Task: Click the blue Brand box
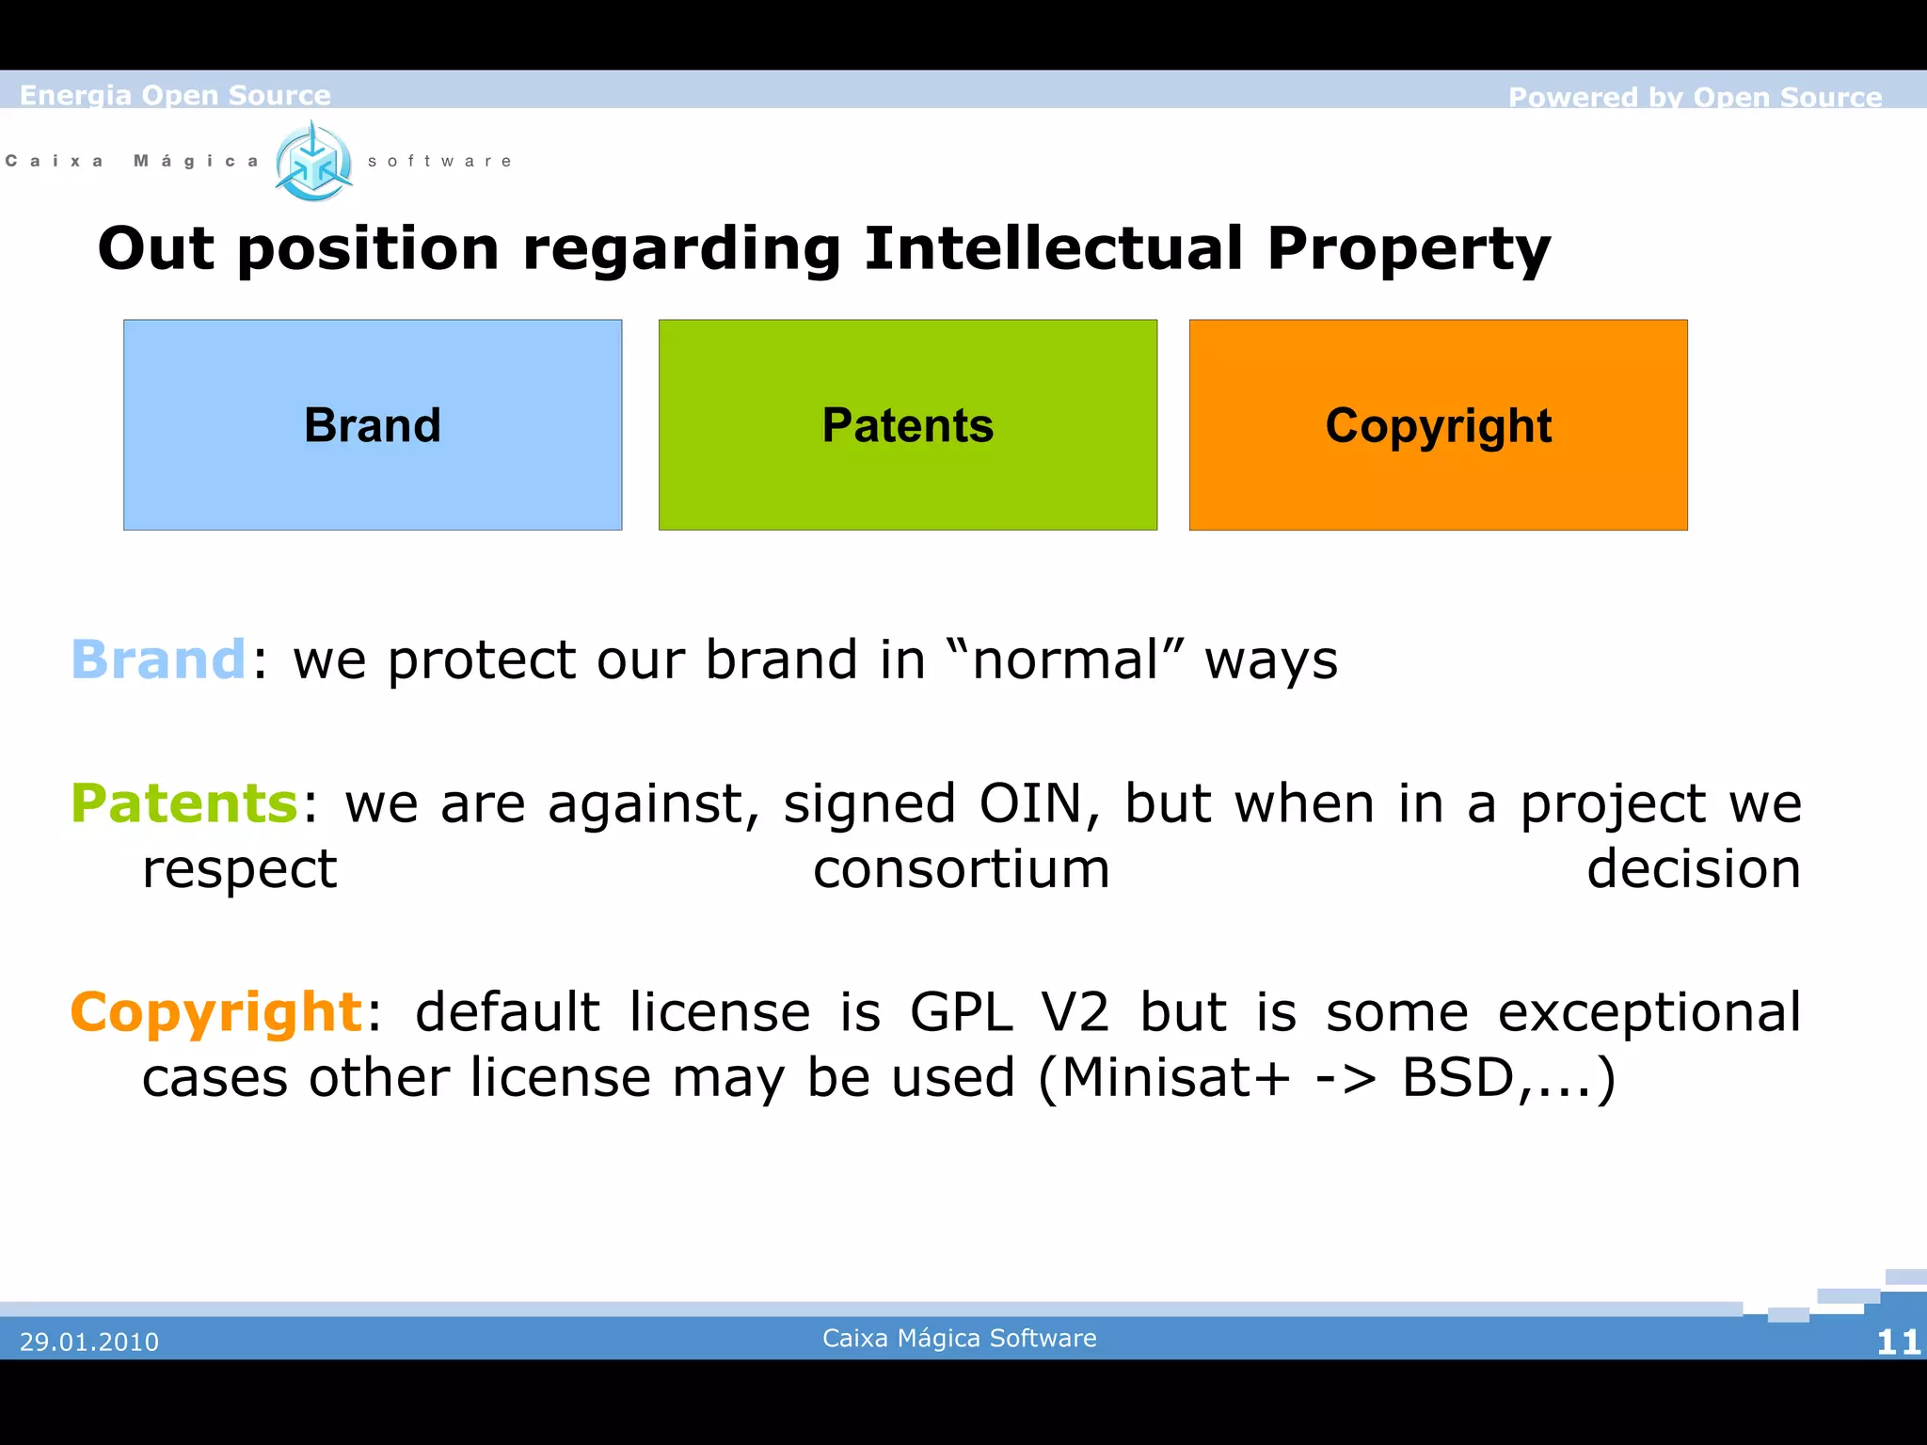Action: pos(372,424)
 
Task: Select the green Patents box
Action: pos(907,424)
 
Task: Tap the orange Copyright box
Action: pos(1438,424)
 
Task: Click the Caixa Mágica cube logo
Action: pos(313,162)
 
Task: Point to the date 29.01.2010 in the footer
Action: pos(89,1342)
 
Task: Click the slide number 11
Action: pos(1897,1342)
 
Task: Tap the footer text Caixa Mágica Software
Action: pos(959,1338)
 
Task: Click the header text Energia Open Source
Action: pos(175,95)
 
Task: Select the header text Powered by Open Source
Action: pos(1695,97)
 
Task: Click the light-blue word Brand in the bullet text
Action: pos(158,659)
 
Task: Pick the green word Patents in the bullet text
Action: pos(184,803)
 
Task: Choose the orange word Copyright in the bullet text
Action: pos(216,1012)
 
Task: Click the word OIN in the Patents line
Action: pos(1031,803)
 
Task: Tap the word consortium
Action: pos(961,868)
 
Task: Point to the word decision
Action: pos(1693,868)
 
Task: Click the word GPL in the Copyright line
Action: pos(961,1012)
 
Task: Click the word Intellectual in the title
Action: pos(1054,248)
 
